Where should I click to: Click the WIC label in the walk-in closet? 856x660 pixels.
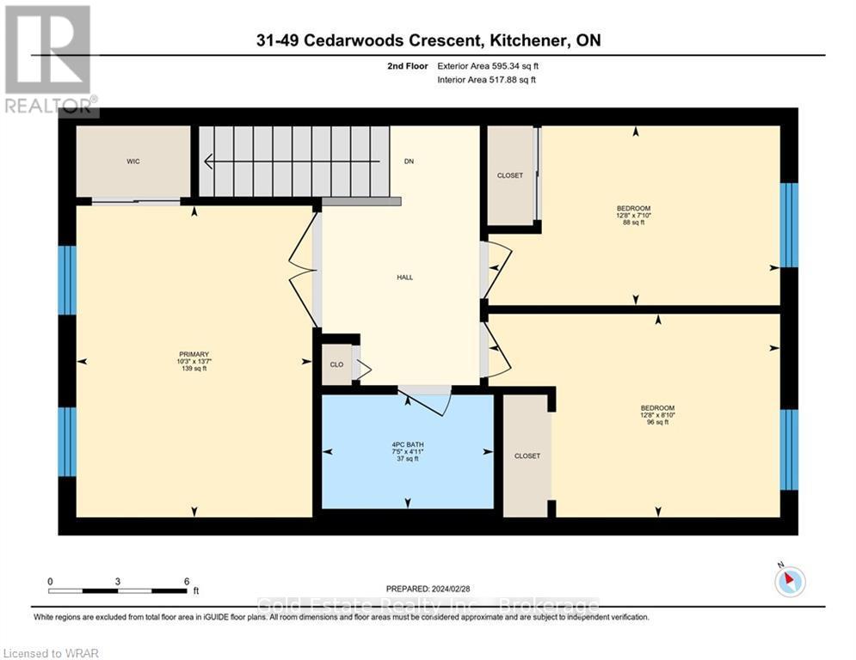pyautogui.click(x=133, y=162)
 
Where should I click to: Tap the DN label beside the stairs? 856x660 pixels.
pyautogui.click(x=409, y=162)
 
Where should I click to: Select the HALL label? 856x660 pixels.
pyautogui.click(x=405, y=278)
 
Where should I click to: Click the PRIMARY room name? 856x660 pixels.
pyautogui.click(x=194, y=355)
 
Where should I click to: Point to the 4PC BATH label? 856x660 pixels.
pyautogui.click(x=408, y=445)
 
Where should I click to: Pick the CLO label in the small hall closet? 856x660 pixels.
pyautogui.click(x=337, y=364)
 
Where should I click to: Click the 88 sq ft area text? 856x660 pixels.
pyautogui.click(x=634, y=223)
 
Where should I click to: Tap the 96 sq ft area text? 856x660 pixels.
pyautogui.click(x=657, y=422)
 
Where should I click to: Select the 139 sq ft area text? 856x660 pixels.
pyautogui.click(x=194, y=369)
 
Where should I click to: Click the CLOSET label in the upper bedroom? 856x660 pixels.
pyautogui.click(x=510, y=175)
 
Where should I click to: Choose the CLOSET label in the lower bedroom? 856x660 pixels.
pyautogui.click(x=527, y=456)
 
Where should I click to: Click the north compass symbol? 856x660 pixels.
pyautogui.click(x=790, y=581)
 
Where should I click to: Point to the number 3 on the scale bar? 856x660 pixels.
pyautogui.click(x=118, y=582)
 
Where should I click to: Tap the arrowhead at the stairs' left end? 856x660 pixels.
pyautogui.click(x=208, y=162)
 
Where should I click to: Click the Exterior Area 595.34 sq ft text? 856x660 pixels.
pyautogui.click(x=488, y=66)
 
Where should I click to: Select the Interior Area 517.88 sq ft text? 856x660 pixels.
pyautogui.click(x=486, y=80)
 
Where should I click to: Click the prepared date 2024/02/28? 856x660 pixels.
pyautogui.click(x=451, y=589)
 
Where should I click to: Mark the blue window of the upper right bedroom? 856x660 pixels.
pyautogui.click(x=789, y=225)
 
